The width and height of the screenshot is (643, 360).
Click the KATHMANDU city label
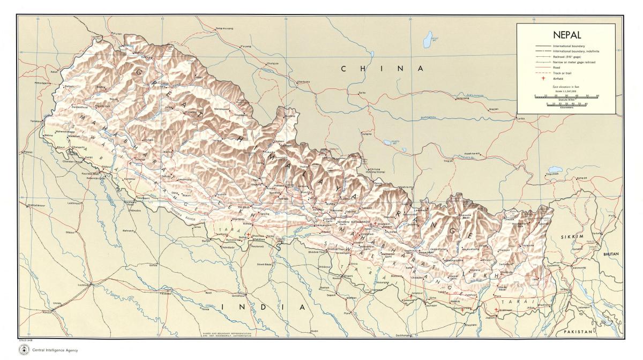[361, 221]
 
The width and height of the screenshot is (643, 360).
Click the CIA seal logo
[23, 349]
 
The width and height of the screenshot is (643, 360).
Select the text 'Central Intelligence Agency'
[55, 350]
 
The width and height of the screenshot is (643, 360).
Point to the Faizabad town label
[166, 294]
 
